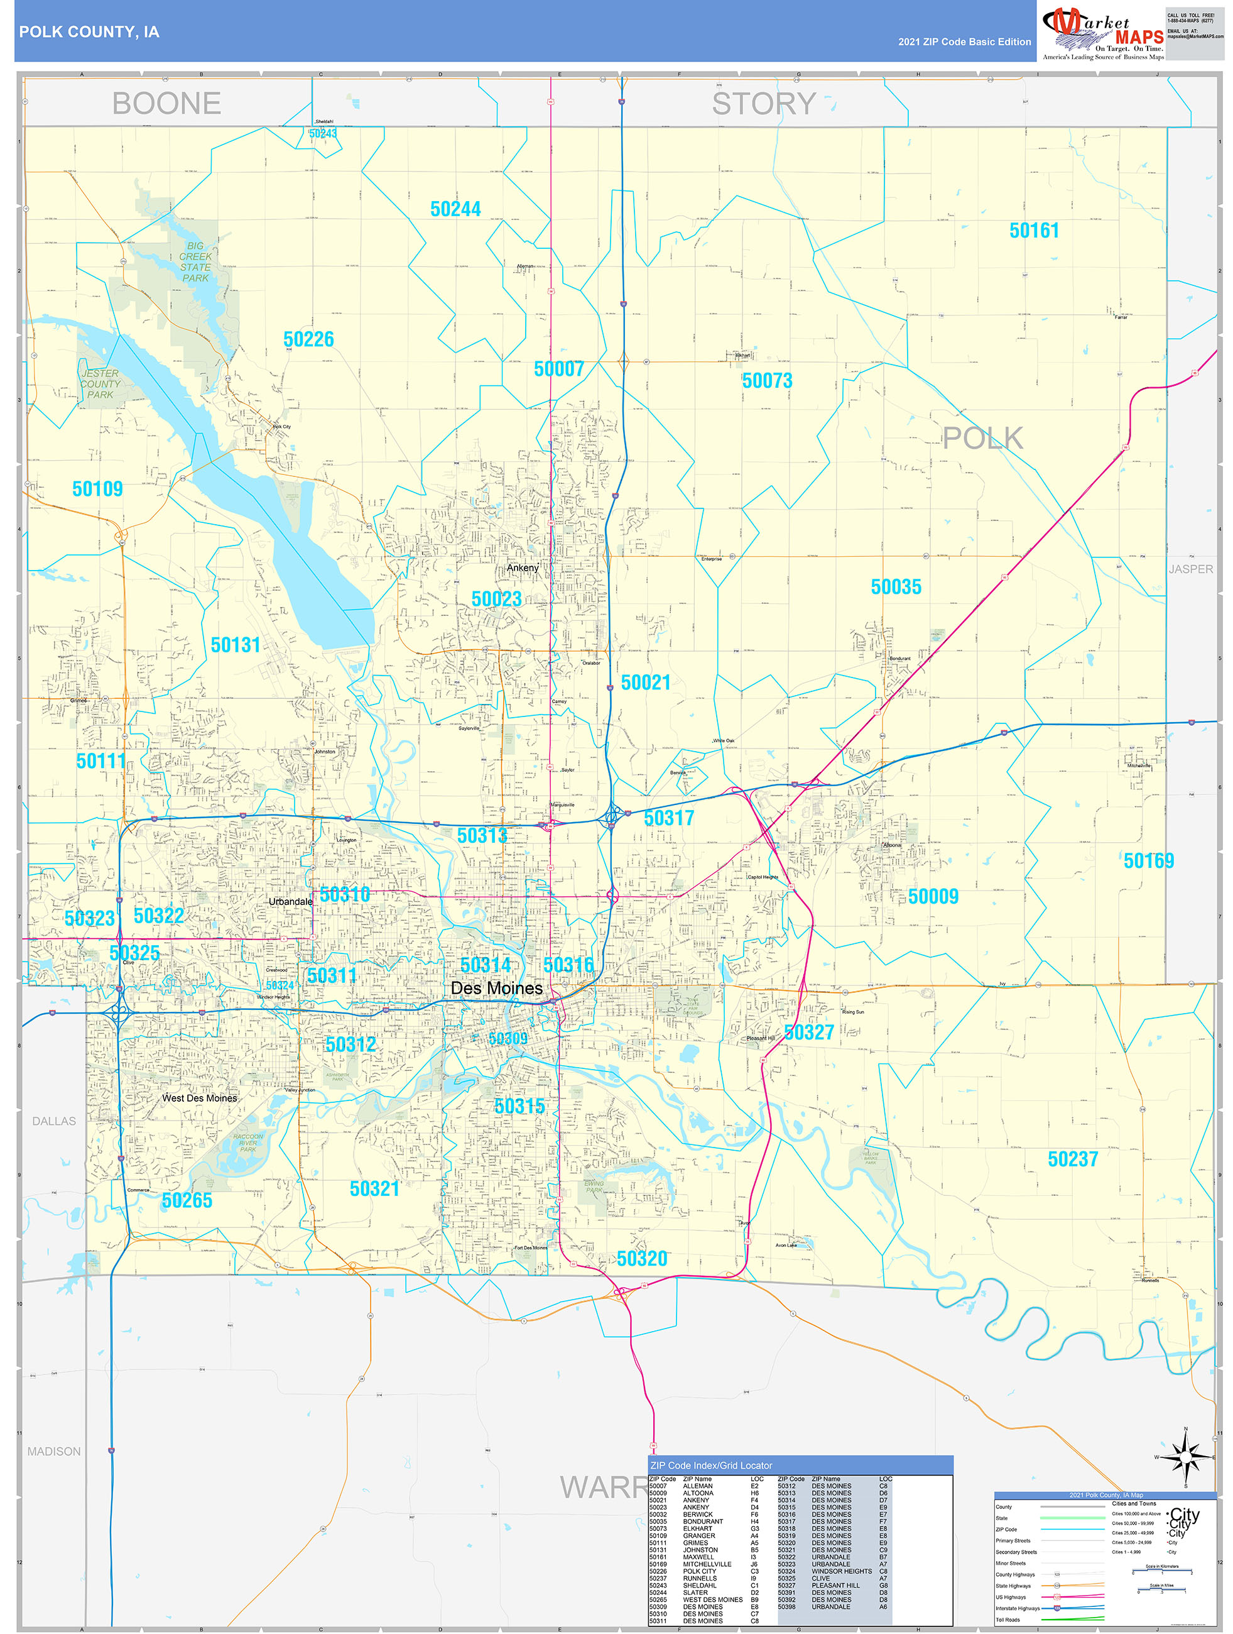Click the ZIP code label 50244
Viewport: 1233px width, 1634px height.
click(x=455, y=210)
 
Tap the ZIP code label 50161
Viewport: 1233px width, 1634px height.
click(x=1034, y=231)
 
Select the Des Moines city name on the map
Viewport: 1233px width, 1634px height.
click(x=496, y=989)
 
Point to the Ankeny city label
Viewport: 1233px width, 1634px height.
click(x=523, y=568)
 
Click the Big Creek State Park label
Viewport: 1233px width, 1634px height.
click(x=195, y=262)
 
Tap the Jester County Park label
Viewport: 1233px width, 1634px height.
click(x=100, y=384)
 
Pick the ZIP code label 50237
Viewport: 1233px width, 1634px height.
click(x=1072, y=1159)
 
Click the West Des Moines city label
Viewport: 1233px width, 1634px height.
click(x=199, y=1099)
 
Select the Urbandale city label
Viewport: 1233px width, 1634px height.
click(x=290, y=902)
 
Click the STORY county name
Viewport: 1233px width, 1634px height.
click(x=763, y=104)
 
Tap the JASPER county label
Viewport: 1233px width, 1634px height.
click(x=1190, y=569)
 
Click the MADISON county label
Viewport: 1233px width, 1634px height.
click(x=54, y=1452)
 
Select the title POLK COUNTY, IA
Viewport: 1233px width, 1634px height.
click(x=89, y=32)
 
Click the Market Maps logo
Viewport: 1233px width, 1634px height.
click(x=1102, y=33)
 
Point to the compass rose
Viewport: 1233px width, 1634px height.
click(x=1186, y=1457)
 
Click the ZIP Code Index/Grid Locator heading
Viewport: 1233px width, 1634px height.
click(x=711, y=1466)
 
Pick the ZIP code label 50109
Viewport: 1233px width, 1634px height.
click(x=97, y=489)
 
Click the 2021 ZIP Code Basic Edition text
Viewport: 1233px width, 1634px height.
click(x=964, y=42)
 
